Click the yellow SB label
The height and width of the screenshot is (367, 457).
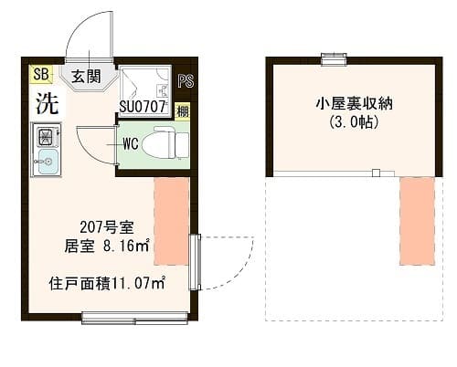pyautogui.click(x=40, y=74)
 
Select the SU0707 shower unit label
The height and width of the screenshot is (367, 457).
pyautogui.click(x=141, y=106)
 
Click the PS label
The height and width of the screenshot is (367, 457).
pyautogui.click(x=186, y=81)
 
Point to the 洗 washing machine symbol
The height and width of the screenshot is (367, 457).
pyautogui.click(x=46, y=102)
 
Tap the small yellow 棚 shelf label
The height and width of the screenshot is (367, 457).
pyautogui.click(x=182, y=112)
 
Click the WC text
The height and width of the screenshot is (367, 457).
pyautogui.click(x=130, y=142)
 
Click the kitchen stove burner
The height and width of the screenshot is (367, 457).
pyautogui.click(x=45, y=138)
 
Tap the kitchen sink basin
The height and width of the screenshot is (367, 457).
pyautogui.click(x=45, y=163)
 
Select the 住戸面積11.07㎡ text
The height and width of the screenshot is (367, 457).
pyautogui.click(x=107, y=284)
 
